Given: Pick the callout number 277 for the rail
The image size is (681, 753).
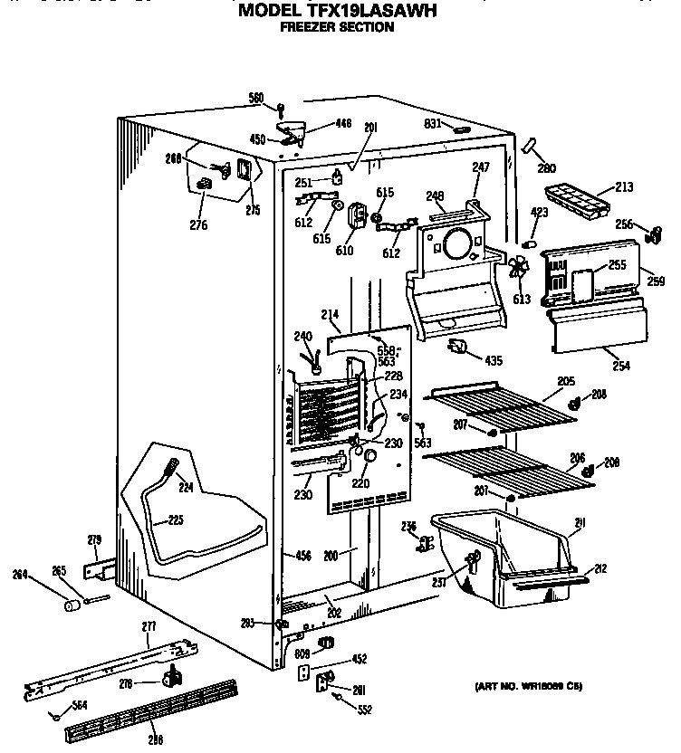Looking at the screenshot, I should click(x=149, y=626).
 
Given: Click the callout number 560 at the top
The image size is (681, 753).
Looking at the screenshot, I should click(x=255, y=98).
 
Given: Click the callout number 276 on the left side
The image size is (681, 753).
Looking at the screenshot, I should click(x=197, y=224).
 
